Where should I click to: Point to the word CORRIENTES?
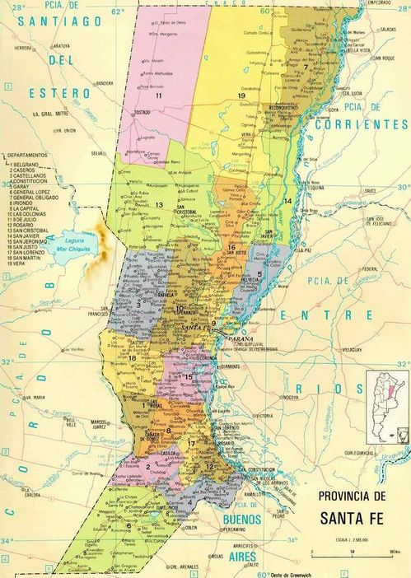click(367, 124)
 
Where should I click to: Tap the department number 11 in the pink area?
click(157, 96)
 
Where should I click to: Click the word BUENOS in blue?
click(245, 519)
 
